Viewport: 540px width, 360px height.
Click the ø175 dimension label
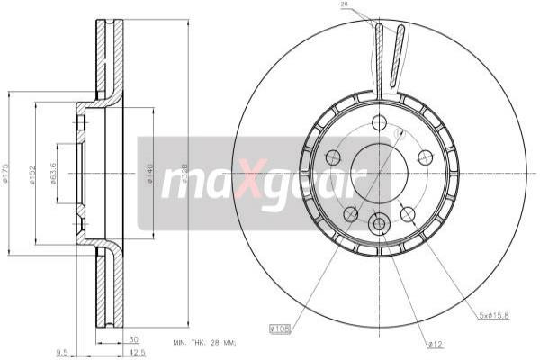tap(7, 172)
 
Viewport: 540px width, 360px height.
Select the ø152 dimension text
tap(31, 172)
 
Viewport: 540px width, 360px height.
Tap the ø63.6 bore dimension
tap(55, 172)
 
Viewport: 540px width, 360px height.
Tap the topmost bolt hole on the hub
tap(379, 121)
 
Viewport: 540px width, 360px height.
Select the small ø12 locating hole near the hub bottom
tap(379, 222)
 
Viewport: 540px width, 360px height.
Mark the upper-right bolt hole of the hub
tap(425, 157)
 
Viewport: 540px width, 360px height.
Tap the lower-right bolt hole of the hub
tap(408, 213)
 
